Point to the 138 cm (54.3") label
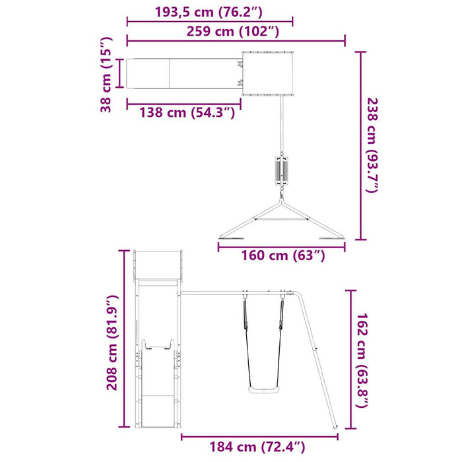click(x=187, y=112)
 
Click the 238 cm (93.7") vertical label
click(x=374, y=146)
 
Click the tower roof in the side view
click(x=158, y=264)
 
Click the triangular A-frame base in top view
click(x=282, y=221)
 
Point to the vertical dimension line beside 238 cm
click(x=360, y=146)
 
